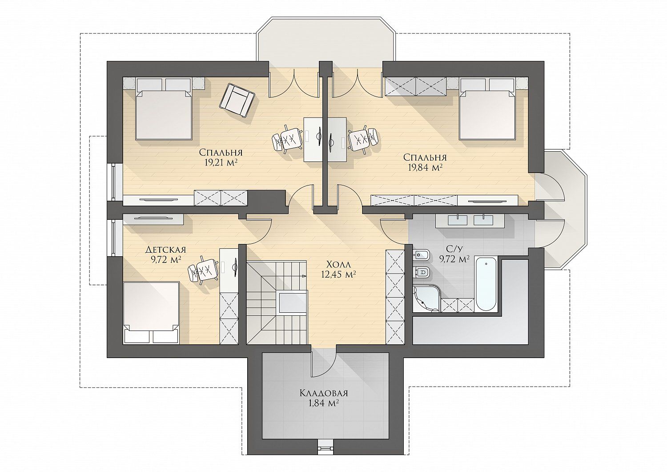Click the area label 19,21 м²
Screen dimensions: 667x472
point(221,162)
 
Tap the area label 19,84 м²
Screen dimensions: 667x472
point(425,167)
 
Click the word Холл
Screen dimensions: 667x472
point(338,264)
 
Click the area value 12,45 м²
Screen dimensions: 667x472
point(338,274)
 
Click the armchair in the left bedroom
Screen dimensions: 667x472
point(237,101)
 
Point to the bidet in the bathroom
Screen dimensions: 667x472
point(421,255)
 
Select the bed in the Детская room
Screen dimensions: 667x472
point(151,313)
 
